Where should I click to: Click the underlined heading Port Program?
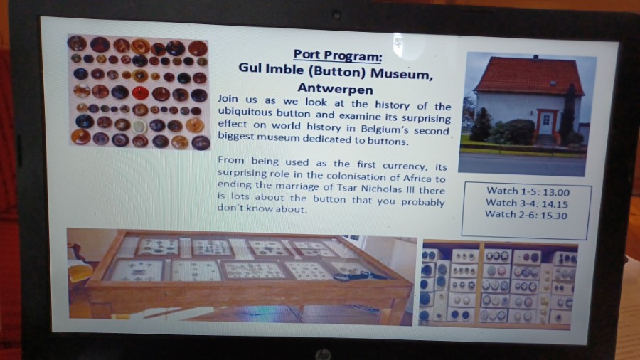[338, 55]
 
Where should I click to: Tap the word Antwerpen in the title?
[335, 88]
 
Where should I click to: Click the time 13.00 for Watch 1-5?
[556, 192]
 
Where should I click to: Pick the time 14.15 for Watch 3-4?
[555, 204]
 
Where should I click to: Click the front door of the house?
[545, 122]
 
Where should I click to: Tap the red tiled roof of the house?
[529, 76]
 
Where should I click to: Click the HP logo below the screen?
[322, 354]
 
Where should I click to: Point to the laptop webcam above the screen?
[337, 16]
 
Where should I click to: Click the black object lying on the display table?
[358, 277]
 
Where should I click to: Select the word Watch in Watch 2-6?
[501, 214]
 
